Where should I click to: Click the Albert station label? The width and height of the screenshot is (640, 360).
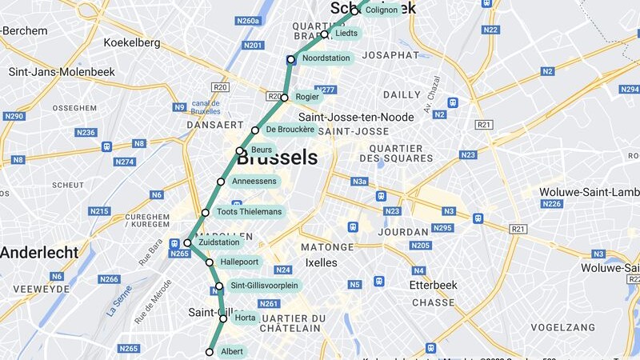[x=232, y=352]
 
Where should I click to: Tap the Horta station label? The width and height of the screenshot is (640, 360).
[x=246, y=318]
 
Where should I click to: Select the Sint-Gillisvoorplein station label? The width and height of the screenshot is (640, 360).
[x=264, y=286]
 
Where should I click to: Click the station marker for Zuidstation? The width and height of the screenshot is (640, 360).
[x=187, y=243]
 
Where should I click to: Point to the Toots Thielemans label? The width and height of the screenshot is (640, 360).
[x=249, y=212]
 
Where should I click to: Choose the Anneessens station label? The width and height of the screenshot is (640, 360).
[x=254, y=182]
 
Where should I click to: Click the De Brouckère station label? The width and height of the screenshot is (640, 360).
[x=290, y=130]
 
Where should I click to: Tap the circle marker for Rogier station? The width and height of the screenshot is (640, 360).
[x=284, y=98]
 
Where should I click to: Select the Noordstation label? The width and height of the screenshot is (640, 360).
[x=326, y=58]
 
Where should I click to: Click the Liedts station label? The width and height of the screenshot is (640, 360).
[x=346, y=34]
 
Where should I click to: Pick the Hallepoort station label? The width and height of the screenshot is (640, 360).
[x=240, y=262]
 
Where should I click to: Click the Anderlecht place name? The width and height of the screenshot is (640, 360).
[x=39, y=253]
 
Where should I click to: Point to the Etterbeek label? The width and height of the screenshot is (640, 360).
[x=432, y=285]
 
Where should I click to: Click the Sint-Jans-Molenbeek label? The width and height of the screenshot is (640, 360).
[x=62, y=72]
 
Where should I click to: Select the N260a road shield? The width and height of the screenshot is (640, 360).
[x=249, y=21]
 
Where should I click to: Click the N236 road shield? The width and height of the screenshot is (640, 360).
[x=86, y=132]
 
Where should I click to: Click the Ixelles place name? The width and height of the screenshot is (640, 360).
[x=321, y=262]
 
